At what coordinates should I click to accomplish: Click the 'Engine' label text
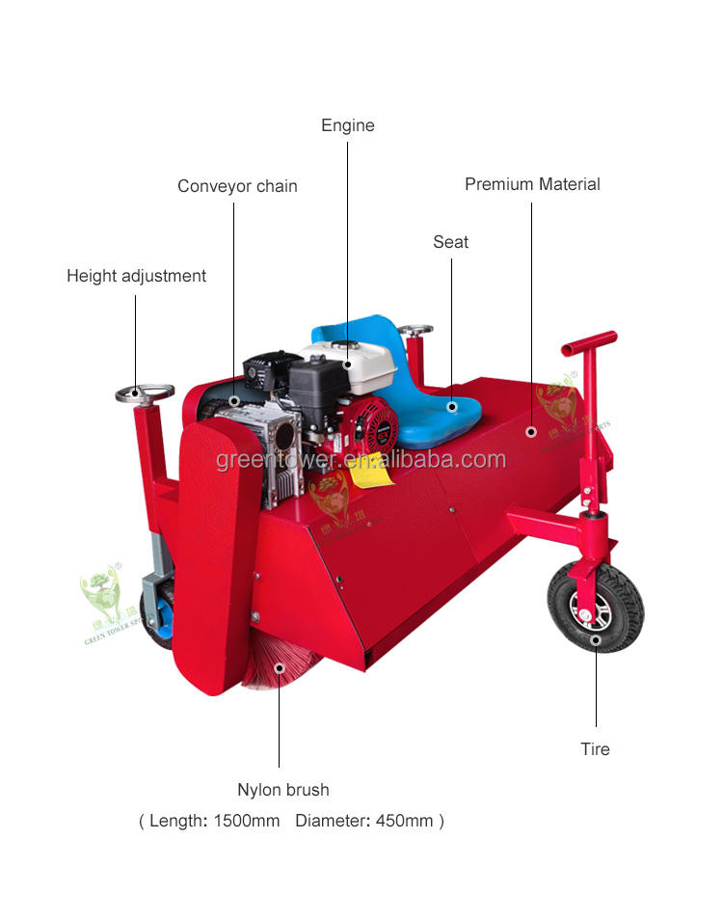[347, 125]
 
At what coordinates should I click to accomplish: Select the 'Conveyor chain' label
[237, 186]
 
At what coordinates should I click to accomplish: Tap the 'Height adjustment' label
[136, 276]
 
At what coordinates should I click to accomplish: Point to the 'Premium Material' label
[532, 184]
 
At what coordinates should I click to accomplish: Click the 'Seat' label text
[450, 242]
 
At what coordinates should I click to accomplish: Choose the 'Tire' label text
[595, 749]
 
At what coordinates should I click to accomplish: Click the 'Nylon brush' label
[282, 790]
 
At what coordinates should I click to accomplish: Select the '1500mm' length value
[246, 822]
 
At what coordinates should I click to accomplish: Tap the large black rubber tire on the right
[595, 608]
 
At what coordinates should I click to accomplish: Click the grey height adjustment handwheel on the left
[145, 393]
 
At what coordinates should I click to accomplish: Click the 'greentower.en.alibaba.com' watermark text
[361, 460]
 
